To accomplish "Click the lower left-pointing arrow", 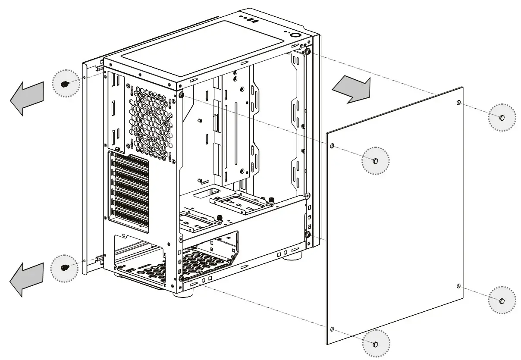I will (27, 279).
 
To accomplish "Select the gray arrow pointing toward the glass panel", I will (351, 88).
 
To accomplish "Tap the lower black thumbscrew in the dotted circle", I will (65, 267).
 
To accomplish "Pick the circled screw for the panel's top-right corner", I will (502, 117).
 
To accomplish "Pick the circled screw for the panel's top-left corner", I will (375, 161).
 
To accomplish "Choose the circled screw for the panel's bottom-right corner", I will (502, 301).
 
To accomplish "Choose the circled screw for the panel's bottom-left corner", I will (375, 344).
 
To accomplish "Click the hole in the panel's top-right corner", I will (458, 103).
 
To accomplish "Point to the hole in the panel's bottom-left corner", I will (332, 329).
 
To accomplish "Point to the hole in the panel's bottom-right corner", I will (459, 286).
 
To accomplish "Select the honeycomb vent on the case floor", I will (203, 263).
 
